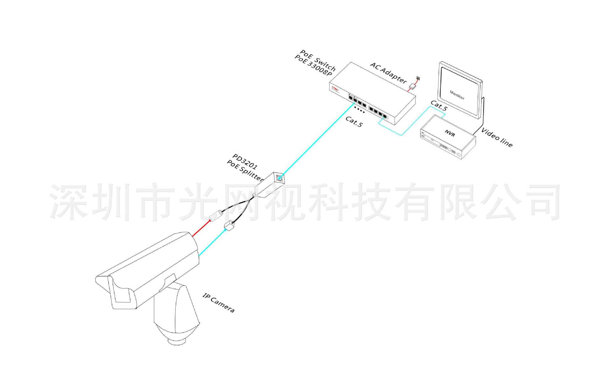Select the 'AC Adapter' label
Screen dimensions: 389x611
(389, 73)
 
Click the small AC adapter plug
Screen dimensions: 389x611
(413, 86)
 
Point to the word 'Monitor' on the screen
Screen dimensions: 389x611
(457, 95)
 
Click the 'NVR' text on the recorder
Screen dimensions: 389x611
(450, 133)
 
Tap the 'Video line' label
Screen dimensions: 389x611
(497, 137)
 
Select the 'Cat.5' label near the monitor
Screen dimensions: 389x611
(439, 106)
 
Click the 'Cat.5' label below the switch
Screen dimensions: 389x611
(354, 121)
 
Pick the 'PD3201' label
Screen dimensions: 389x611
(245, 162)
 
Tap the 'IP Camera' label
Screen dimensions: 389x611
(219, 303)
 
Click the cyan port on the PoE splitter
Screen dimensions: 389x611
(279, 178)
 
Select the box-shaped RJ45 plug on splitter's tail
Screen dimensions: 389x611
(229, 226)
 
